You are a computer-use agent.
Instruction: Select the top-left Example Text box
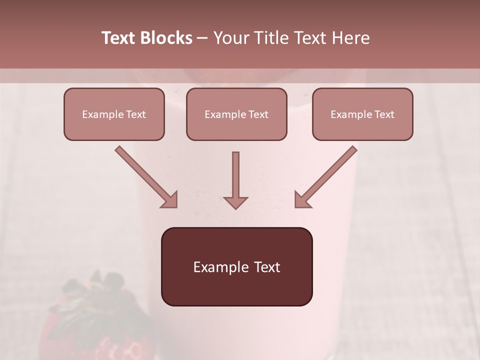click(114, 114)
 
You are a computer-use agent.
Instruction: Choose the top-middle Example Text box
click(236, 114)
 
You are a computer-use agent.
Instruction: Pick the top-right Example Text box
click(362, 114)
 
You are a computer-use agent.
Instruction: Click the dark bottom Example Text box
click(236, 266)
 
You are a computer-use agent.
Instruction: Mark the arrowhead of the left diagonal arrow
click(170, 200)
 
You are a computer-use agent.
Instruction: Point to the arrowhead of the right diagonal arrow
click(302, 200)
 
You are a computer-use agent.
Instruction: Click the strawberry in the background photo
click(95, 330)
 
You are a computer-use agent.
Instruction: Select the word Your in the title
click(230, 38)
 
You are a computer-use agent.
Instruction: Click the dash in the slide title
click(202, 38)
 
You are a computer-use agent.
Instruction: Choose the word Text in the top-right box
click(384, 114)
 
